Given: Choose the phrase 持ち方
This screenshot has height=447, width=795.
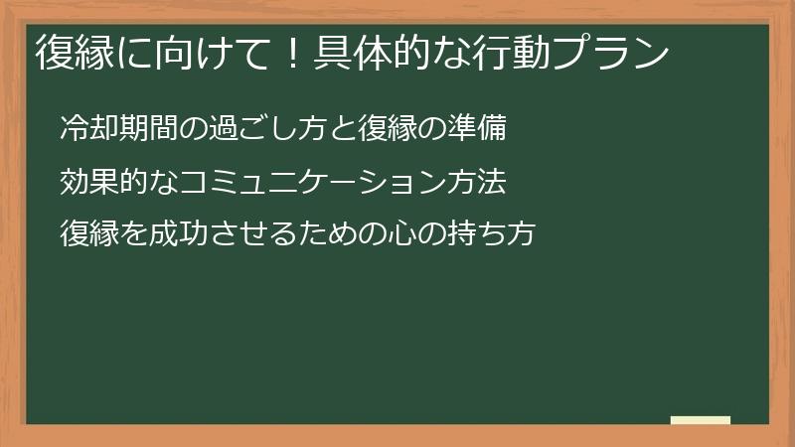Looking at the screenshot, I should (496, 234).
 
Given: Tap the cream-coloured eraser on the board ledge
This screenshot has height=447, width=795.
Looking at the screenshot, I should (700, 420).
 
